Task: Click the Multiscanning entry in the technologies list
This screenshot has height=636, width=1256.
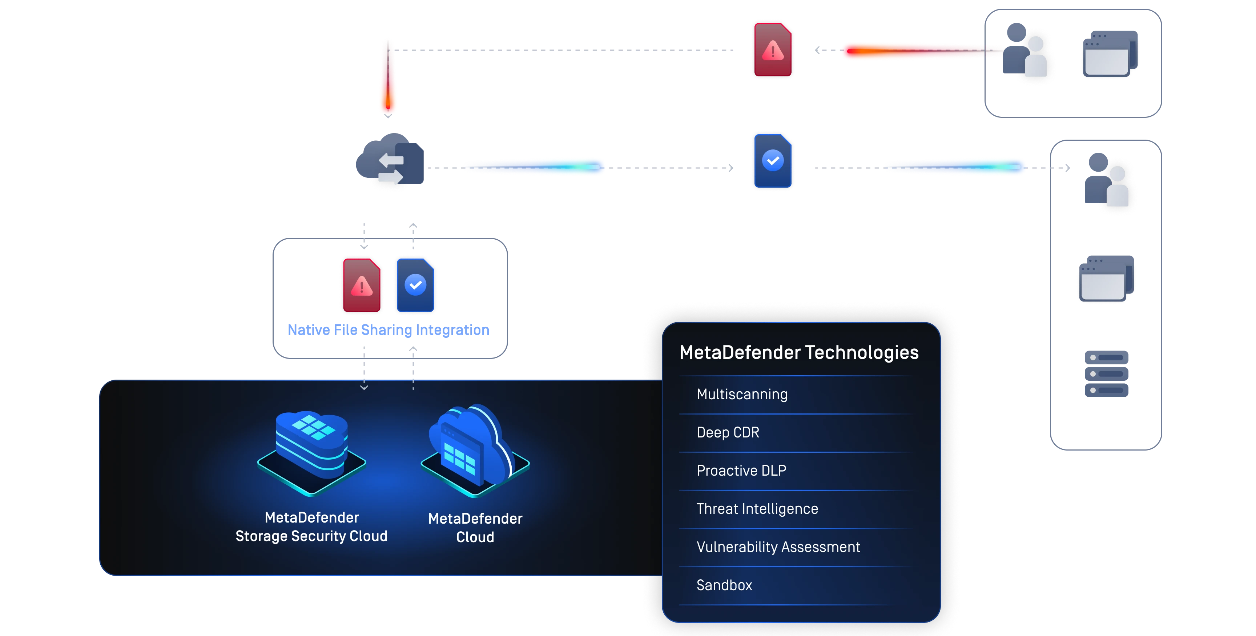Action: pos(742,394)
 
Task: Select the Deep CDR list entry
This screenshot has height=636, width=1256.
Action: pos(728,432)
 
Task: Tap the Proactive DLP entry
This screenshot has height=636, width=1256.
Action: pos(741,470)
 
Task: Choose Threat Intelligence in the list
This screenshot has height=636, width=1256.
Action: pos(757,509)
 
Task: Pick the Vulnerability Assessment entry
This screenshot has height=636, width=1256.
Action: pos(778,547)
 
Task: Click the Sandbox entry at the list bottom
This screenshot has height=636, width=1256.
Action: pos(724,585)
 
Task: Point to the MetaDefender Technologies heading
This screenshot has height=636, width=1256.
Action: pos(799,352)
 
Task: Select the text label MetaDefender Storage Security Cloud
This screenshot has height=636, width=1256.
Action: pos(311,527)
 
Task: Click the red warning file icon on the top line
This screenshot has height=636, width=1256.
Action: pos(773,50)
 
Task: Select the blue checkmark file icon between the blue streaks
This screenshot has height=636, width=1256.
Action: pos(773,161)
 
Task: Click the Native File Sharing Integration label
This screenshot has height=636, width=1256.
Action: pos(389,330)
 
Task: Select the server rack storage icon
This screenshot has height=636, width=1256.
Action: pos(1107,373)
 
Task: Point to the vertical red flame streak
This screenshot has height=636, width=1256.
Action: pos(388,78)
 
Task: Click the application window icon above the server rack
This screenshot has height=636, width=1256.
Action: pos(1106,279)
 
